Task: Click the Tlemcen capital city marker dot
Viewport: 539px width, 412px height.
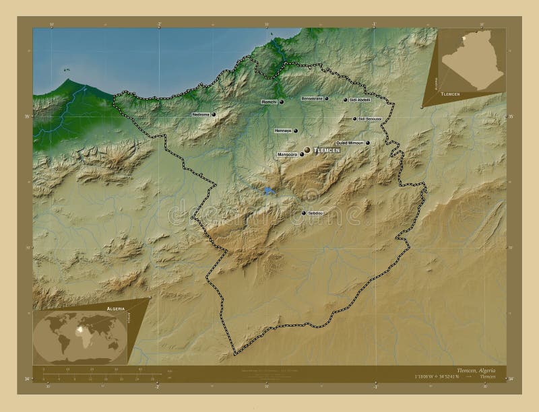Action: point(307,149)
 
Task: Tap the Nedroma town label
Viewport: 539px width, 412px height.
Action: point(201,114)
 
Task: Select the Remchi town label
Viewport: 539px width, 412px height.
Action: point(269,102)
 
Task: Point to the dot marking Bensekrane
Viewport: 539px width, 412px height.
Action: point(327,99)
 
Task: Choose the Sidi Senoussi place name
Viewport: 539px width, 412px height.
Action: point(370,118)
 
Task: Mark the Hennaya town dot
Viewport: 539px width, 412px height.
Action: point(295,131)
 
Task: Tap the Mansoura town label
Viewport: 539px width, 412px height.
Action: point(287,154)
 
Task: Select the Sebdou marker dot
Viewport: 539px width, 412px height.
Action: point(303,213)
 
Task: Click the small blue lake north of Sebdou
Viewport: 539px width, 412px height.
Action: point(269,191)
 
